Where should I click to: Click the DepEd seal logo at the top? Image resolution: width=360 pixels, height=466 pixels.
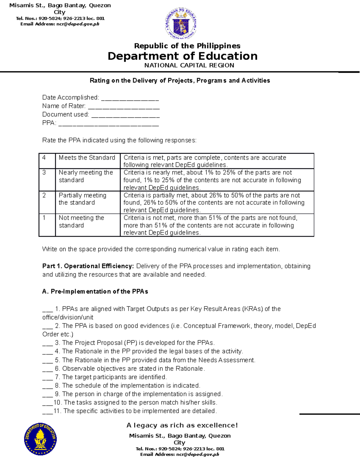click(x=181, y=24)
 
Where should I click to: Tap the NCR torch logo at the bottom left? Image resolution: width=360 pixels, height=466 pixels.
click(x=40, y=439)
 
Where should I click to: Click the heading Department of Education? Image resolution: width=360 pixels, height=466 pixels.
click(x=182, y=56)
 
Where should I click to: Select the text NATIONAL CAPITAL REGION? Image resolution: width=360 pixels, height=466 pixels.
click(x=189, y=65)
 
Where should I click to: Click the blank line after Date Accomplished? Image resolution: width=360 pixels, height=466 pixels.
click(x=130, y=98)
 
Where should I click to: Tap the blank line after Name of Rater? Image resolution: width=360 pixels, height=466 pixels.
click(x=124, y=107)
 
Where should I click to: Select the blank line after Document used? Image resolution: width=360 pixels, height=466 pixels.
click(x=125, y=115)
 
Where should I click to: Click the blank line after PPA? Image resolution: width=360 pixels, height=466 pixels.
click(x=108, y=123)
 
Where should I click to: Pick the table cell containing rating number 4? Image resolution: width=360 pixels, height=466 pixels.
click(x=47, y=161)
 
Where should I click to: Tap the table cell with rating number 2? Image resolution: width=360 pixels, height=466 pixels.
click(x=47, y=202)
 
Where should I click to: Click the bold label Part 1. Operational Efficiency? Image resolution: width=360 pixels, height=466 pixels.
click(x=88, y=266)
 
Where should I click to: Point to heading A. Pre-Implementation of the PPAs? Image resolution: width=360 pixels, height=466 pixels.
click(x=95, y=292)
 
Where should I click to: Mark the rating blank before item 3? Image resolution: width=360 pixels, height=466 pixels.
click(x=47, y=343)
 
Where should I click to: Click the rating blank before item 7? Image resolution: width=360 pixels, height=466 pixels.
click(x=47, y=377)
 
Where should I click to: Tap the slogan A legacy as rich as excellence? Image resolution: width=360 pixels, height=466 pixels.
click(x=182, y=425)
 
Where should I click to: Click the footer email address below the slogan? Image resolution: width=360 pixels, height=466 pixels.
click(x=180, y=455)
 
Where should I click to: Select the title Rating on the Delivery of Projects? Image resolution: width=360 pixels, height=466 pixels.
click(x=180, y=80)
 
